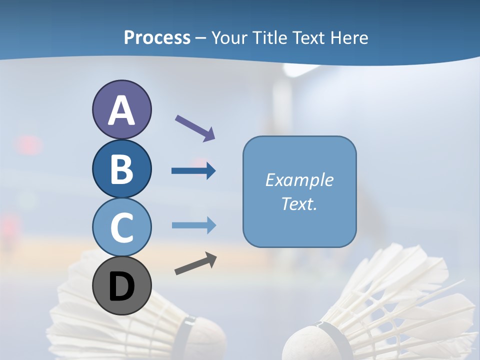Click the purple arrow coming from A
195,127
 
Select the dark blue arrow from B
193,171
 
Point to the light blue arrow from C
193,225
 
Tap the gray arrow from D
195,263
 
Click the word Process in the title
157,37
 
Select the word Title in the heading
270,37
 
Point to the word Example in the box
299,180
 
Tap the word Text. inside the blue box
299,203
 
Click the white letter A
121,111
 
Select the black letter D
121,287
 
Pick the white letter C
121,227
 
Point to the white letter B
121,169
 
